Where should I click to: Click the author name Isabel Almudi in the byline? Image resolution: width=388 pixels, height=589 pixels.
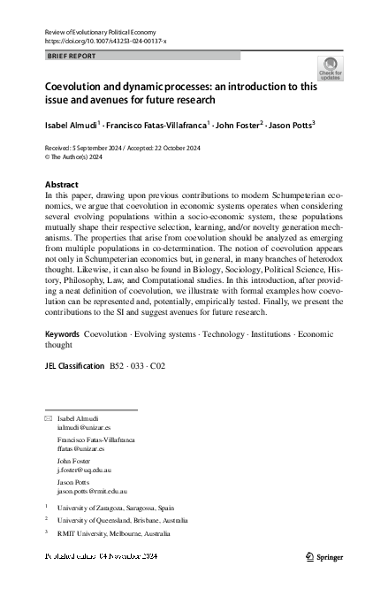click(72, 125)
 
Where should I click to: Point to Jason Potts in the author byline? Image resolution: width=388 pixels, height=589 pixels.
click(293, 125)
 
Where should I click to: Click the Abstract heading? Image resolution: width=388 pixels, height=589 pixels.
click(61, 185)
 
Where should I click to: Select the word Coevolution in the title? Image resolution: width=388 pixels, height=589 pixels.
click(75, 88)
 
